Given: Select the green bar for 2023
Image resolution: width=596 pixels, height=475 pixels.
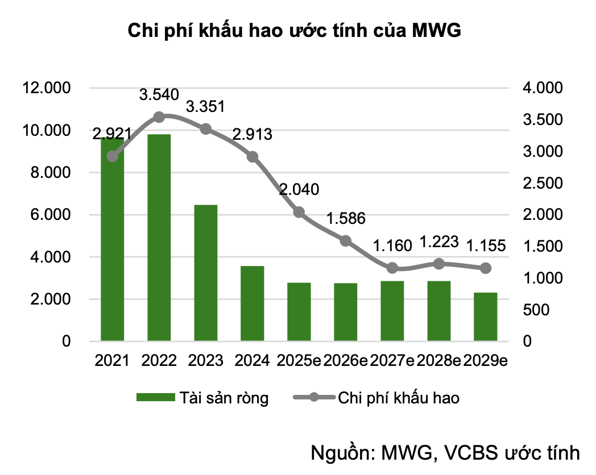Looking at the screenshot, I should click(x=206, y=273).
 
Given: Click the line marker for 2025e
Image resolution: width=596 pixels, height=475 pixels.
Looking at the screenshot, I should click(x=299, y=213).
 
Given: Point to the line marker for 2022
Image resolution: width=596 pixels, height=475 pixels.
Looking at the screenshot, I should click(x=159, y=117).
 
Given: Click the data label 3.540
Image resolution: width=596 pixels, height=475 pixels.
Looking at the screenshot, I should click(x=159, y=95).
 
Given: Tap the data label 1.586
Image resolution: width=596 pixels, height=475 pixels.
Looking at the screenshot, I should click(x=346, y=219).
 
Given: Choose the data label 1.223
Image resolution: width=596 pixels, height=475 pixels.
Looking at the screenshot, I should click(x=438, y=242).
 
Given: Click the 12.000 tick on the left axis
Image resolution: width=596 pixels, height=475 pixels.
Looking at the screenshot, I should click(x=45, y=88).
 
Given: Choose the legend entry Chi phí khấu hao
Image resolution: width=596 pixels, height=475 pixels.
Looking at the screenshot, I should click(x=398, y=398).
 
